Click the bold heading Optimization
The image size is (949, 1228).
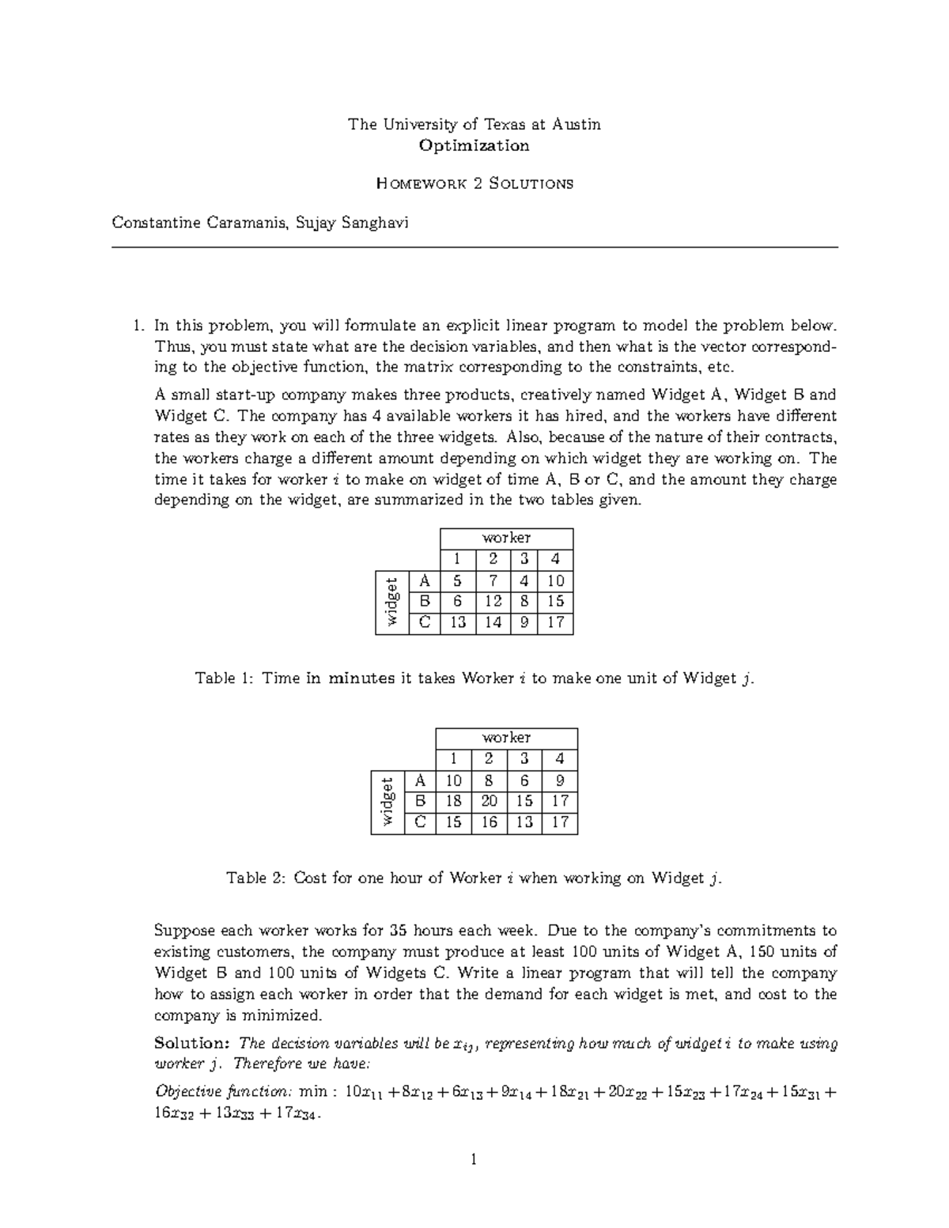pos(475,145)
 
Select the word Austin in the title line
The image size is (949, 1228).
pos(576,124)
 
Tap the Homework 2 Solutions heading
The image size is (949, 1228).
pos(475,183)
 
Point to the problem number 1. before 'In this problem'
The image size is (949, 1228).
pos(138,325)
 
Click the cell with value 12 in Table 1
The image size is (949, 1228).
pos(493,601)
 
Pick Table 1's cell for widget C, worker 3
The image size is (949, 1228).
pos(523,622)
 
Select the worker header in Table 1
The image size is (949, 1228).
pos(506,538)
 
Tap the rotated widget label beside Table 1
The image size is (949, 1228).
pos(391,602)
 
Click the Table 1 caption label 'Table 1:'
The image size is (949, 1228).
pos(225,678)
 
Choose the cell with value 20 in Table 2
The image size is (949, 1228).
pos(489,801)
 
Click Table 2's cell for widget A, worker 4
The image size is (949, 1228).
pos(560,780)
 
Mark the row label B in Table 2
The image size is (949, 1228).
pos(420,801)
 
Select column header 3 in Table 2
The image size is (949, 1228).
pos(524,759)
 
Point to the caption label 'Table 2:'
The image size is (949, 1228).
pos(256,878)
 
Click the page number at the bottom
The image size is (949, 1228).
pos(475,1161)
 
